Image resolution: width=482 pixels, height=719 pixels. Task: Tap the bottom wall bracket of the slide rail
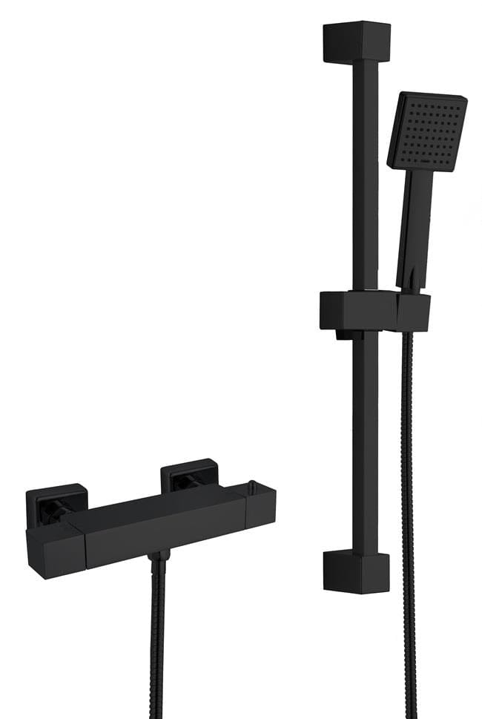(356, 573)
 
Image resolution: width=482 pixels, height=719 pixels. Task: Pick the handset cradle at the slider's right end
(413, 312)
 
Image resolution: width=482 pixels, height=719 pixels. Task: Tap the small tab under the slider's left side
(343, 335)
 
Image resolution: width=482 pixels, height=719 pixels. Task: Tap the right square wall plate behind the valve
(189, 476)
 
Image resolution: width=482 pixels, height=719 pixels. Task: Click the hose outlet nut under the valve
(157, 556)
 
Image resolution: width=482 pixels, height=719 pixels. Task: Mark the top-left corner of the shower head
(401, 96)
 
